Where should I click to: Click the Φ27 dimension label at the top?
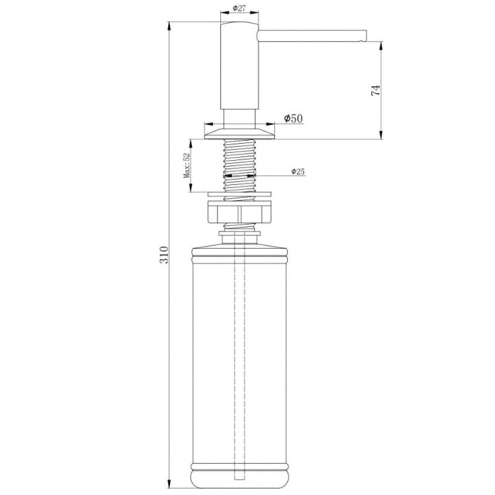point(238,8)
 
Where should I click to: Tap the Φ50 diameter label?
point(294,119)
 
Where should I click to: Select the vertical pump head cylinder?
point(238,69)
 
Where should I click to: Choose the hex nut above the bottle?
point(239,211)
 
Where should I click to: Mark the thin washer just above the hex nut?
point(239,197)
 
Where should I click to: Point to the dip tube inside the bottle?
point(239,343)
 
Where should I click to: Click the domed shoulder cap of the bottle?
point(239,245)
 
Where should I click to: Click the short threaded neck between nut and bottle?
point(239,228)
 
